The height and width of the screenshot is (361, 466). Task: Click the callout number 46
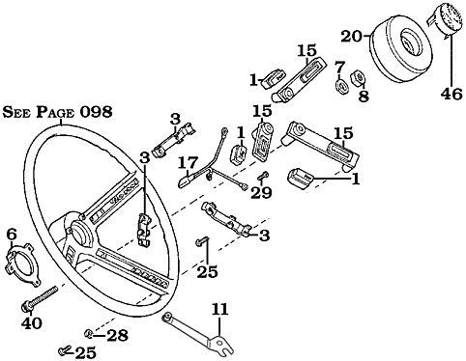[x=451, y=94]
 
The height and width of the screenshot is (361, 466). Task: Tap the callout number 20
[x=352, y=37]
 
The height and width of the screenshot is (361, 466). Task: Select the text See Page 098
[x=58, y=112]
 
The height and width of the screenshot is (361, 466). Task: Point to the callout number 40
[x=32, y=322]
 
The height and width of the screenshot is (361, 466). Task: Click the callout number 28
[x=117, y=336]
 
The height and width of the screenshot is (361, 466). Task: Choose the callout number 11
[x=219, y=309]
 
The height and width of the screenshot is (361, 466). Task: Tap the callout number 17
[x=188, y=162]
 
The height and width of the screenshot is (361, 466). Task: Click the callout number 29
[x=261, y=192]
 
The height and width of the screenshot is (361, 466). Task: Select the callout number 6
[x=12, y=235]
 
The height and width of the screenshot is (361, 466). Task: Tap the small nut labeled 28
[x=88, y=334]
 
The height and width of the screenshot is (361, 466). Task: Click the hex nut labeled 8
[x=358, y=77]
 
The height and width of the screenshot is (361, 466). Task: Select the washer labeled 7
[x=341, y=86]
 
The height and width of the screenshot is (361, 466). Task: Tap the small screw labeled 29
[x=263, y=176]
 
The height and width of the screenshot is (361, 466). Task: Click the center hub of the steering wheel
[x=78, y=230]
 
